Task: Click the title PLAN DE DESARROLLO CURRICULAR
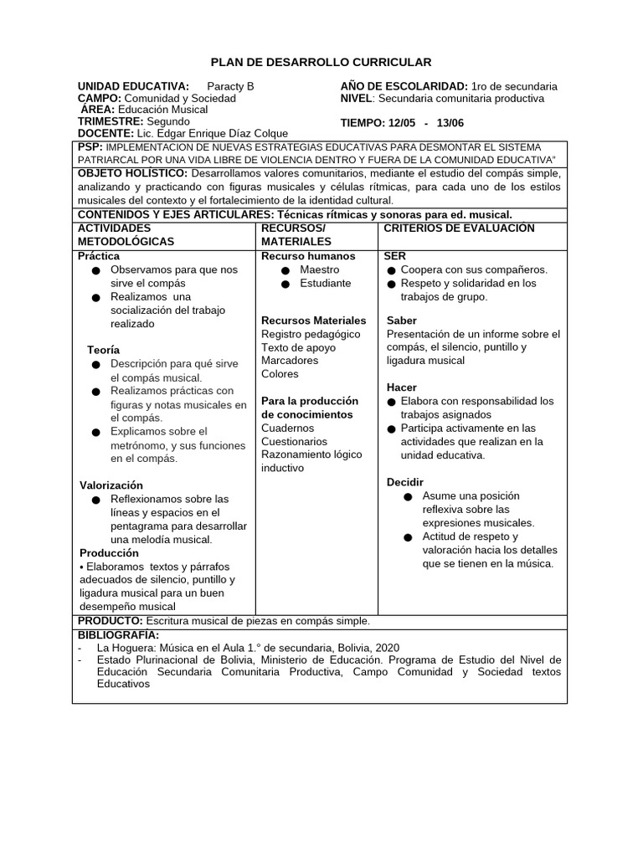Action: pyautogui.click(x=321, y=62)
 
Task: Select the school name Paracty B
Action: pyautogui.click(x=229, y=86)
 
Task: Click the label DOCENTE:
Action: pyautogui.click(x=105, y=133)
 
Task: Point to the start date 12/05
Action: pyautogui.click(x=403, y=123)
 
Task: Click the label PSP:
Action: pyautogui.click(x=90, y=146)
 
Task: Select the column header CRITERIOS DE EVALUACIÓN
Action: pyautogui.click(x=459, y=228)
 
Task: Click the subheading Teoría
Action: pyautogui.click(x=103, y=349)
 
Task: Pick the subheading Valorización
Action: pyautogui.click(x=111, y=485)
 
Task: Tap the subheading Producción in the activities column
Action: pyautogui.click(x=110, y=553)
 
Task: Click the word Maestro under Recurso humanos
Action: pyautogui.click(x=319, y=269)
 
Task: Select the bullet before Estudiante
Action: pyautogui.click(x=285, y=284)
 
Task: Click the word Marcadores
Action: pyautogui.click(x=290, y=361)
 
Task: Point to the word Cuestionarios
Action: pyautogui.click(x=294, y=441)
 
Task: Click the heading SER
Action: pyautogui.click(x=394, y=256)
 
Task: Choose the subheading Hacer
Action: pyautogui.click(x=401, y=387)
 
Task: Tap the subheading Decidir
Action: pyautogui.click(x=405, y=483)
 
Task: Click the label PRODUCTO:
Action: pyautogui.click(x=111, y=621)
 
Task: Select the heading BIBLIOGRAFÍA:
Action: pyautogui.click(x=118, y=635)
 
